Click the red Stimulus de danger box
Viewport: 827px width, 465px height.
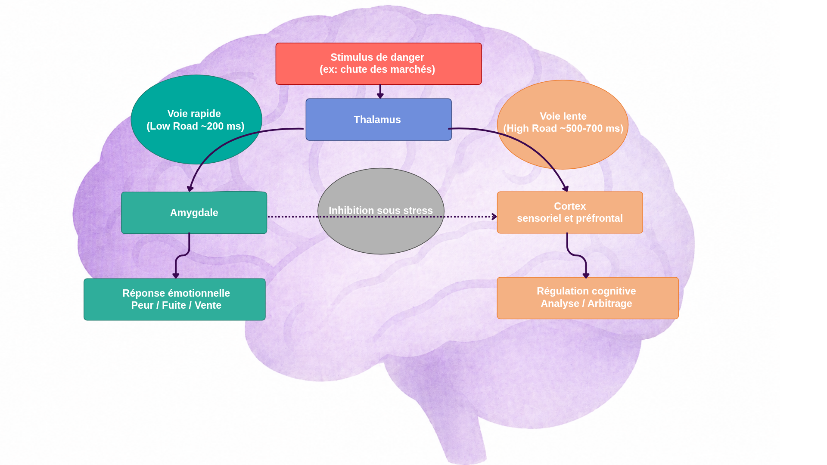(378, 63)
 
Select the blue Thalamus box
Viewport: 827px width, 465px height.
(378, 119)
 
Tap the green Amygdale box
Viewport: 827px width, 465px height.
(194, 213)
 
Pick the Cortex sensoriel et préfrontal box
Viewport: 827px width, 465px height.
(569, 212)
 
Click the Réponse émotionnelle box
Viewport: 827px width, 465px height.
(174, 299)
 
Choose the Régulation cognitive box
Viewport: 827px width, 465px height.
(588, 298)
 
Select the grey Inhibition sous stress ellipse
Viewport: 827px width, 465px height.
(381, 232)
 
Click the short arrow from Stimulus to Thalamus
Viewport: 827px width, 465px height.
(380, 91)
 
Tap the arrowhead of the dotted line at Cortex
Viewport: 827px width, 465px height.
(494, 217)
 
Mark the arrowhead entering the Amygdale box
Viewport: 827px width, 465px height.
(190, 189)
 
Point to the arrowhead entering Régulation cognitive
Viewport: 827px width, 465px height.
(586, 275)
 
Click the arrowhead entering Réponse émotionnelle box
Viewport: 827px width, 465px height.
(176, 276)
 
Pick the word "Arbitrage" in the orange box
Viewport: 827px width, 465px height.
(609, 304)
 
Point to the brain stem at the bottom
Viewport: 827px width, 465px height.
(461, 435)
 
